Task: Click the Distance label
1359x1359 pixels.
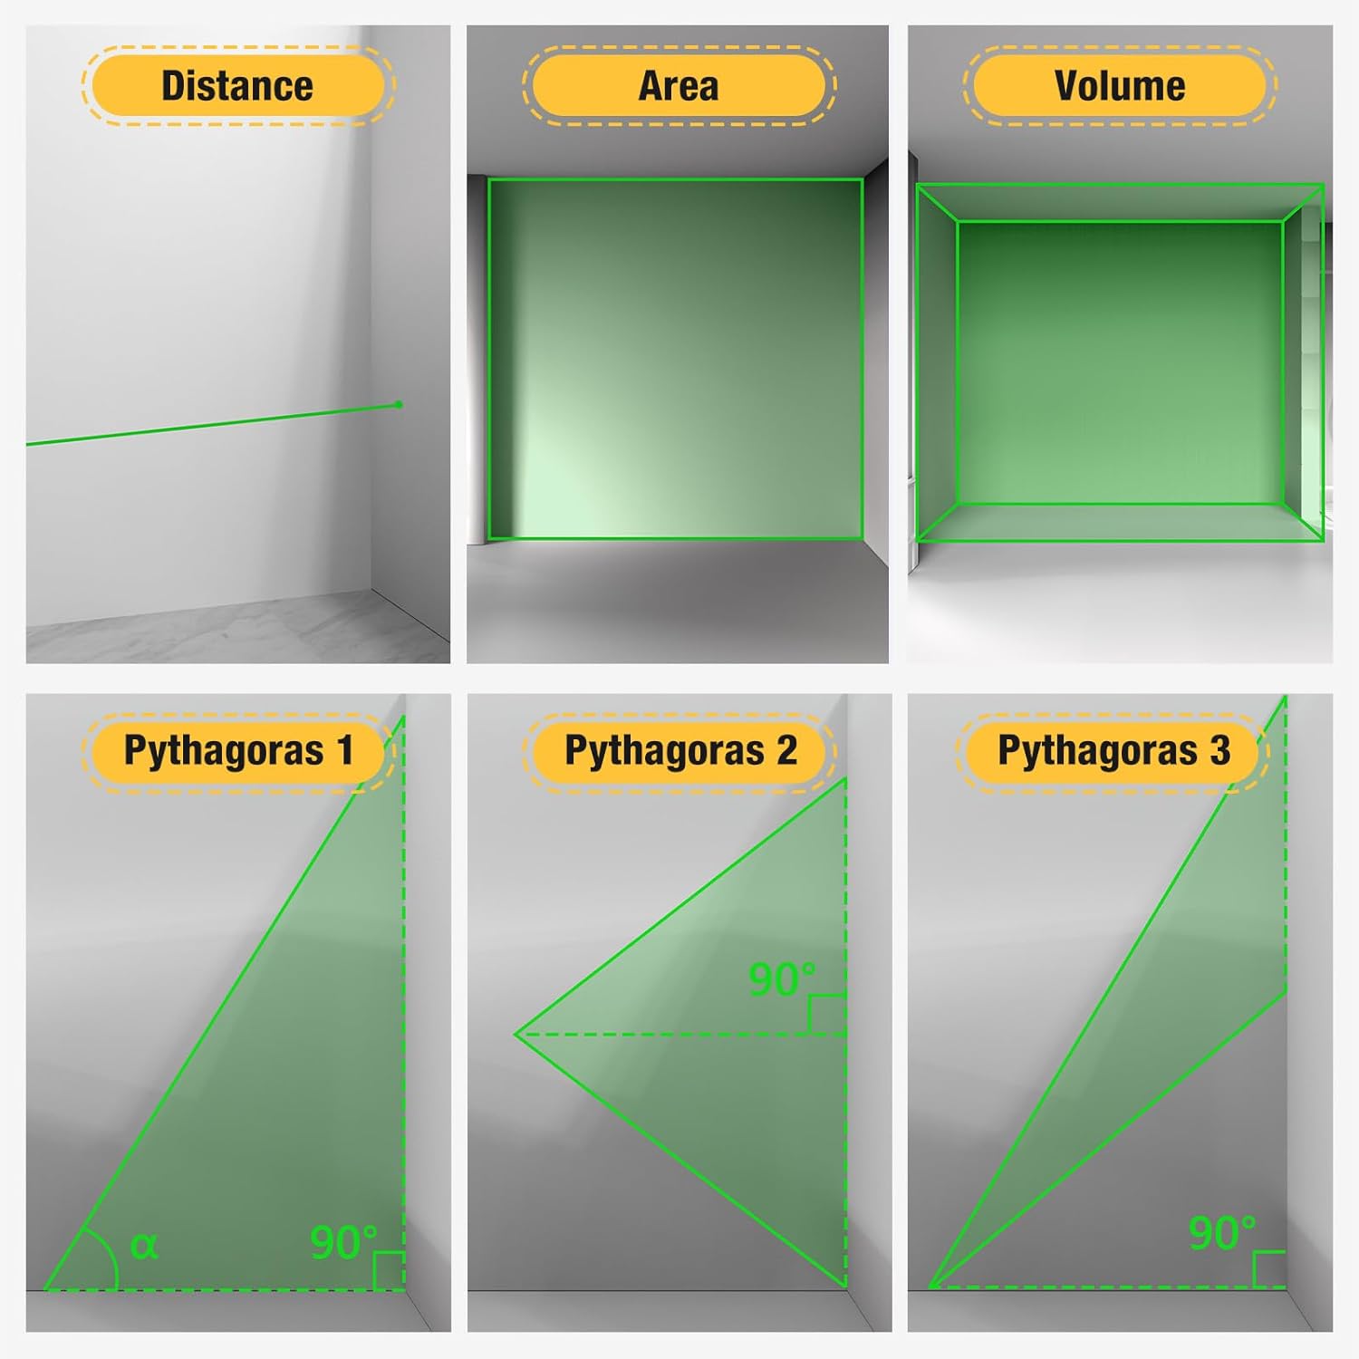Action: tap(237, 86)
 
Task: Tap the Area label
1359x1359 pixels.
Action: tap(679, 86)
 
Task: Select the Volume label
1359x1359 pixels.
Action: tap(1120, 86)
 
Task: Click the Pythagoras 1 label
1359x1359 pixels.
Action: tap(238, 751)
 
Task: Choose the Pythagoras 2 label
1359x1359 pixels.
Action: tap(680, 751)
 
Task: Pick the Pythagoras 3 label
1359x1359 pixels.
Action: tap(1113, 751)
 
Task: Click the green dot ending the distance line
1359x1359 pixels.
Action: tap(399, 405)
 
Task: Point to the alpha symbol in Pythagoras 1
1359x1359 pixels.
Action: tap(144, 1246)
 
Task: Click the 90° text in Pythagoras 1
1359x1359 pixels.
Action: tap(343, 1243)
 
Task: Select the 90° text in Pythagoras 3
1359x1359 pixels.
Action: tap(1222, 1233)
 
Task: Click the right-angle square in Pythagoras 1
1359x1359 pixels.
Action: tap(389, 1271)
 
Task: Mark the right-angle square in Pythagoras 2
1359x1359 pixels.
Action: tap(827, 1015)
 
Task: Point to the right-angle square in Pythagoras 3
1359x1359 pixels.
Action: tap(1269, 1269)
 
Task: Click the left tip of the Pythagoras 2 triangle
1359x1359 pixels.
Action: tap(516, 1035)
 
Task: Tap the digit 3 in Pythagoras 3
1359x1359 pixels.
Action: tap(1220, 750)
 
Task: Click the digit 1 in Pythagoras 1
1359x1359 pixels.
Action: tap(345, 750)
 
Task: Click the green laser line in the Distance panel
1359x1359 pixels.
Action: tap(212, 425)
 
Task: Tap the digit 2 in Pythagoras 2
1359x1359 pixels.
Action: tap(786, 750)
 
